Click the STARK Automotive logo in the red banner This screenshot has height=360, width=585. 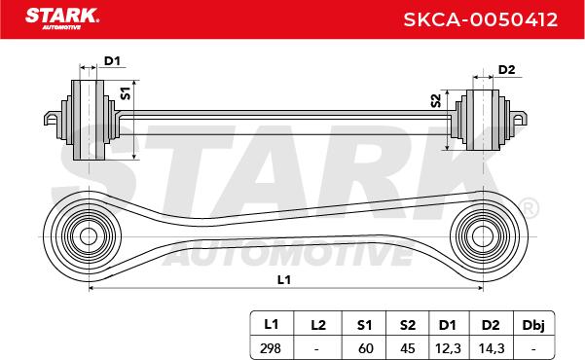(62, 18)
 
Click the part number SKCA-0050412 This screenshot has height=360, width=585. (481, 19)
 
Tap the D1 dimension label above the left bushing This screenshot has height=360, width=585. (112, 60)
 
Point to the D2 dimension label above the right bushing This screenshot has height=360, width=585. (506, 70)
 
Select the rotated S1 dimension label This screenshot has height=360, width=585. (126, 92)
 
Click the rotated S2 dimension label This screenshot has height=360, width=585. (436, 101)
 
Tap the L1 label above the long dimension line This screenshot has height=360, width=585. (284, 279)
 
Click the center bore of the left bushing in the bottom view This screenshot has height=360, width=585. (89, 236)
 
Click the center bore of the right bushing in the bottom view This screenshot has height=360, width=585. (483, 236)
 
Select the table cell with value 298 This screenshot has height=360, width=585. (271, 348)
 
